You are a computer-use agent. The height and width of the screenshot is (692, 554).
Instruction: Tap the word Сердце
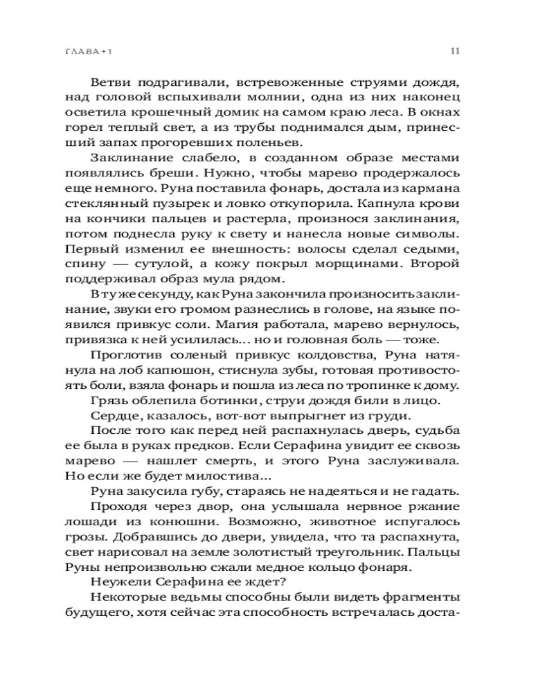click(111, 416)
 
